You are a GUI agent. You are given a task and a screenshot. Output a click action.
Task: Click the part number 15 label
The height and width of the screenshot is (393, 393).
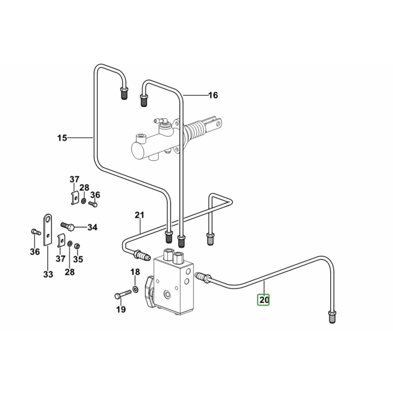tap(61, 138)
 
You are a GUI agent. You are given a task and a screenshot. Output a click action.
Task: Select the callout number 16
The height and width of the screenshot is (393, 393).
tap(213, 95)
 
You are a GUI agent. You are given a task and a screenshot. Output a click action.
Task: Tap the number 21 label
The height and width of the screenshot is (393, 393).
tap(140, 215)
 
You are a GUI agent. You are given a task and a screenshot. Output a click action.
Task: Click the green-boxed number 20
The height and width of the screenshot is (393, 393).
tap(264, 299)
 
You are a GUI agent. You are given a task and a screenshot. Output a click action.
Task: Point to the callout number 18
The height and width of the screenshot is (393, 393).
tap(135, 272)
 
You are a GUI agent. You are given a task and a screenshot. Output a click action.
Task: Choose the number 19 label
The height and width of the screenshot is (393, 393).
tap(121, 309)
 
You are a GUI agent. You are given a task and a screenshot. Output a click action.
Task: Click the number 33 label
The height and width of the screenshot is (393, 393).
tap(48, 275)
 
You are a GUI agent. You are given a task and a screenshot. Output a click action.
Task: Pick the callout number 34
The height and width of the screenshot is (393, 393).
tap(92, 227)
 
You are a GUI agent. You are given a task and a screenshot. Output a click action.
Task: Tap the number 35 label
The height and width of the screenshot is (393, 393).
tap(78, 259)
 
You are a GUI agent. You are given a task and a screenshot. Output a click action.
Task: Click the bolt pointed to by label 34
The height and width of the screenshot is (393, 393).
tap(69, 226)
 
